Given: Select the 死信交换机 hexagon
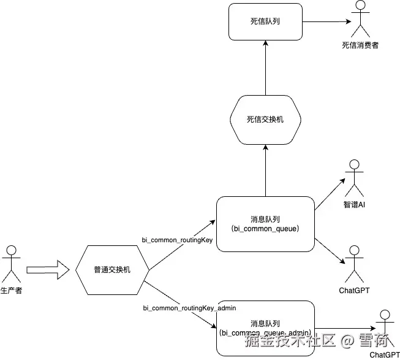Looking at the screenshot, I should coord(265,119).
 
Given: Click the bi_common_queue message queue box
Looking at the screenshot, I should coord(265,223).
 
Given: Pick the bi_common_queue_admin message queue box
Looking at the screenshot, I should coord(265,328).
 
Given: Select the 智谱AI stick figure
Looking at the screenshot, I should coord(354,178).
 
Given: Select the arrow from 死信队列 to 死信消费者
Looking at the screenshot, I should coord(327,23).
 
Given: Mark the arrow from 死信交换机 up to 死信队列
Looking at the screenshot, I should coord(265,68).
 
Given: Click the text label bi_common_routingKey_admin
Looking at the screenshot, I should coord(190,307).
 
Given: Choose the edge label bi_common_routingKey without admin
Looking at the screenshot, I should coord(177,240).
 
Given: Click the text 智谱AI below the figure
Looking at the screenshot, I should coord(354,204).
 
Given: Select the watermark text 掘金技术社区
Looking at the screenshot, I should coord(288,340).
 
